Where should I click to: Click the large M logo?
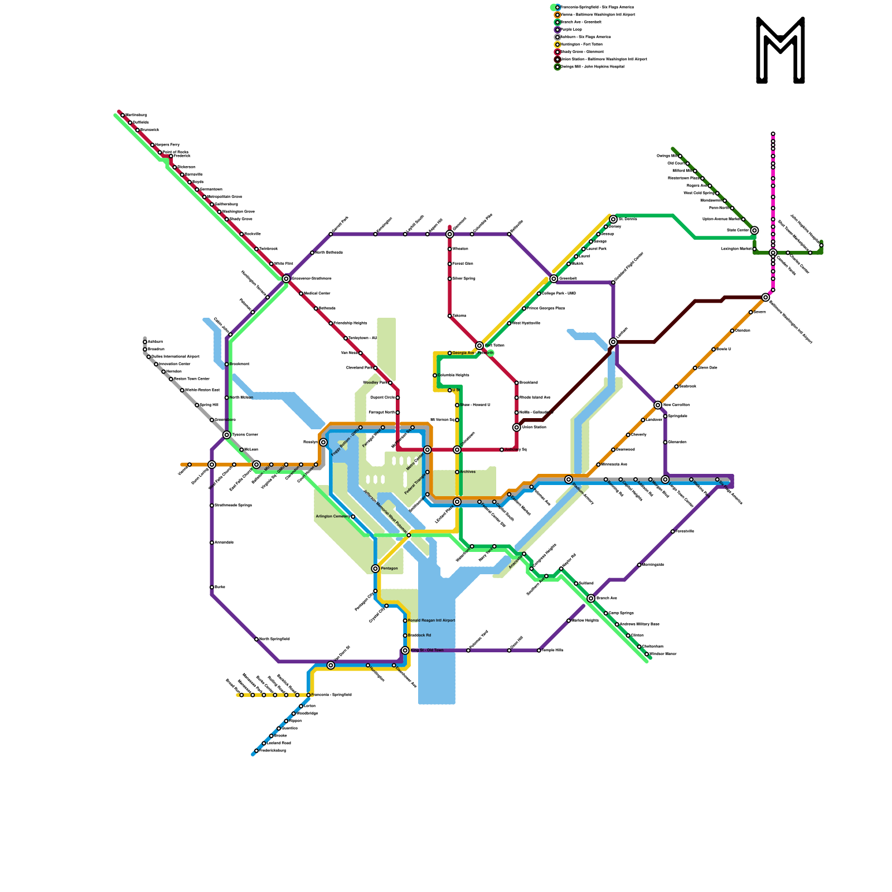click(780, 50)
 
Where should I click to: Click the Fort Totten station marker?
click(479, 346)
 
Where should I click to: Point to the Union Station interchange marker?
click(517, 428)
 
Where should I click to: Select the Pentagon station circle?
click(375, 569)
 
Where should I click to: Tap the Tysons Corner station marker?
click(227, 435)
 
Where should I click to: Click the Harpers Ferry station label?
click(167, 144)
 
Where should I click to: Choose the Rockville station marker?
click(241, 234)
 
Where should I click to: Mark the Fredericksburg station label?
click(273, 750)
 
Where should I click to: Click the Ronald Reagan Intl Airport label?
click(432, 620)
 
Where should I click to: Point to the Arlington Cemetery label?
click(333, 516)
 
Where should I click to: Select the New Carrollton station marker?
click(658, 405)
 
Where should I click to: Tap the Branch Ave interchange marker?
click(591, 598)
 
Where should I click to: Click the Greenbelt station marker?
click(554, 279)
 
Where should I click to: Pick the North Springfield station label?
click(274, 639)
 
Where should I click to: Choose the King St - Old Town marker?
click(405, 651)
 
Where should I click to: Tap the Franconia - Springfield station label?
click(331, 695)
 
